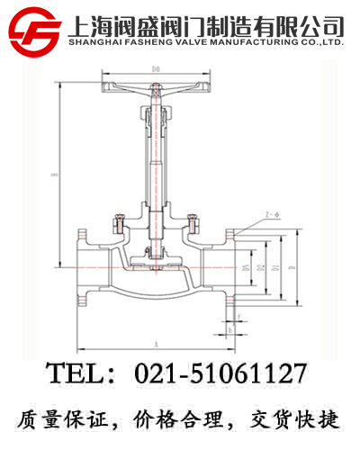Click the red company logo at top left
click(x=34, y=30)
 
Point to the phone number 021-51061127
click(x=220, y=373)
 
